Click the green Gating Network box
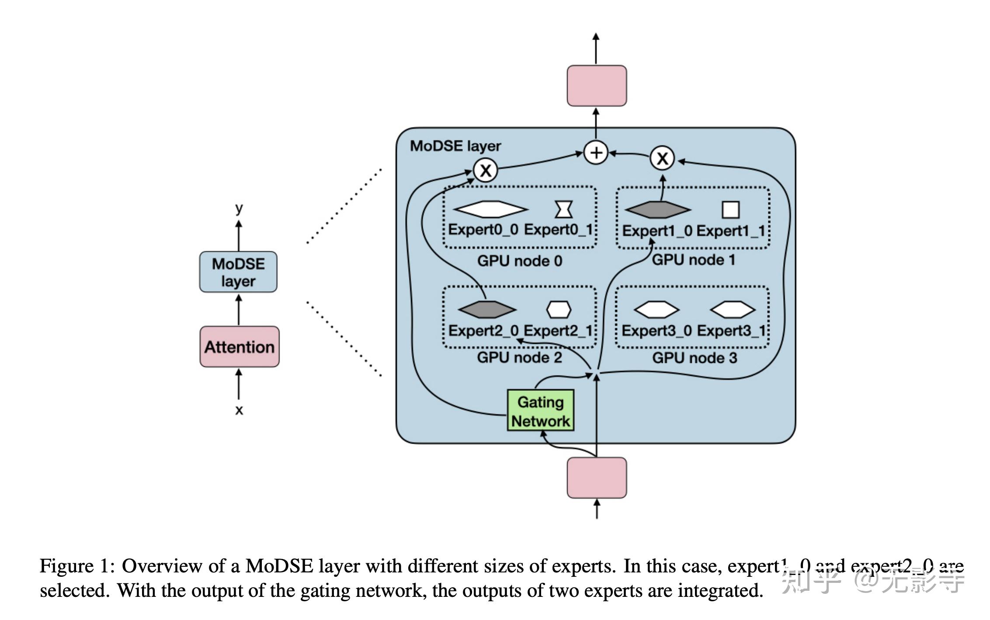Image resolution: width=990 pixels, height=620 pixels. pos(540,410)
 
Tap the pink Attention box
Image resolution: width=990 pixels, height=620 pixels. pos(240,347)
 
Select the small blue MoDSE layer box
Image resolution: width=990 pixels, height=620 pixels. pos(238,272)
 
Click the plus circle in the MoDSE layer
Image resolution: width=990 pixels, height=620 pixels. pos(596,153)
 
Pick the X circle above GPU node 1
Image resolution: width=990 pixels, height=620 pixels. pos(662,158)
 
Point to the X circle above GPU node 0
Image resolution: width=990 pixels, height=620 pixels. pos(486,170)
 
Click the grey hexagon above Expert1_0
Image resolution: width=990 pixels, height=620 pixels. pos(658,210)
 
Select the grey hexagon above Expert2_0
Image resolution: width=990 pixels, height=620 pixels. pos(487,310)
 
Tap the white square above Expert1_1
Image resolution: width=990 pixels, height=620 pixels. pos(730,210)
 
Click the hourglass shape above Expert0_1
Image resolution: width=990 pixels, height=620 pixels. pos(563,209)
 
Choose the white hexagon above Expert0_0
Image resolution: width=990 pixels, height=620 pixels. pos(490,209)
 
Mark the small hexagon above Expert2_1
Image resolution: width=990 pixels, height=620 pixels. pos(559,310)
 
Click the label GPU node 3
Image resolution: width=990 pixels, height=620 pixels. pos(695,358)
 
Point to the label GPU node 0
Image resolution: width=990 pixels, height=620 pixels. pos(520,261)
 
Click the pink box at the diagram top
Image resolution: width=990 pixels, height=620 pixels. pos(597,86)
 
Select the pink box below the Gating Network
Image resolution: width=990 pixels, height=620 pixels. pos(597,478)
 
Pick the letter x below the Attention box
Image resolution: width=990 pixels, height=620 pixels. pos(239,410)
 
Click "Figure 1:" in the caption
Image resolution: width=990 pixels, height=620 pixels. pos(77,566)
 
